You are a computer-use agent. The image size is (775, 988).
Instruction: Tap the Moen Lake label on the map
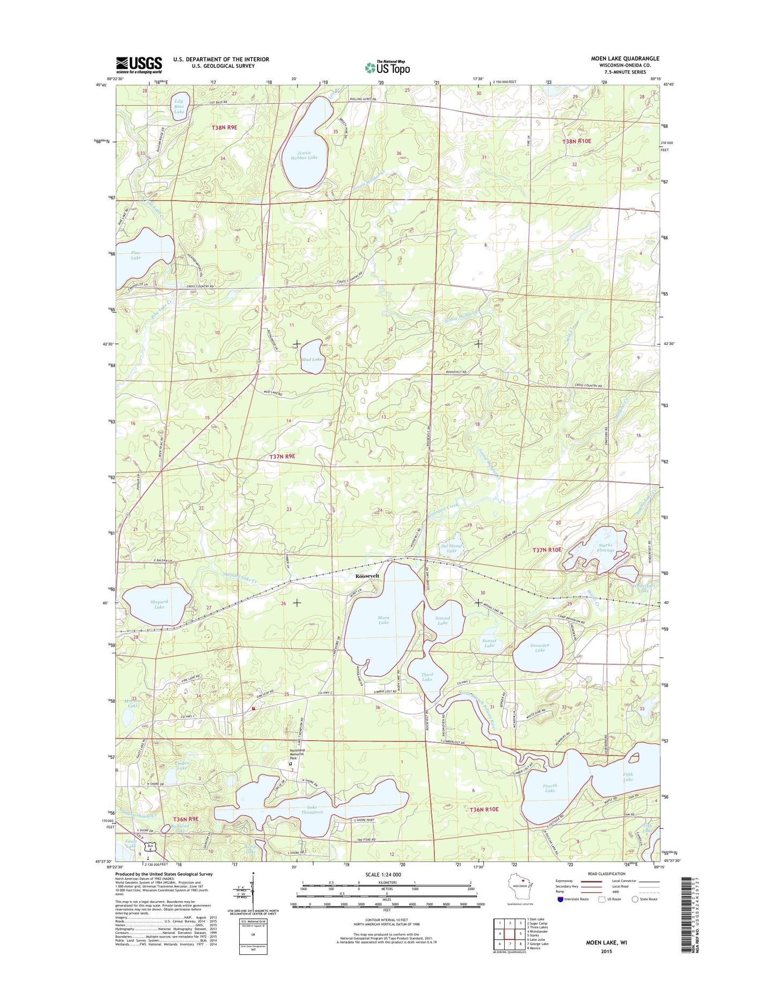coord(383,620)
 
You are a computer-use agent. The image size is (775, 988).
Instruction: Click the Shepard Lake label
coord(159,604)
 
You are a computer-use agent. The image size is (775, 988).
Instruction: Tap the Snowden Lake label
coord(540,647)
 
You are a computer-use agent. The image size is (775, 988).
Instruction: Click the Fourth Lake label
coord(550,788)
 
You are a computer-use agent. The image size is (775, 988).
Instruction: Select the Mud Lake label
coord(312,359)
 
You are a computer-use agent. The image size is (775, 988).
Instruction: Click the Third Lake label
coord(427,677)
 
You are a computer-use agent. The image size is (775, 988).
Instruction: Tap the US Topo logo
coord(387,67)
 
